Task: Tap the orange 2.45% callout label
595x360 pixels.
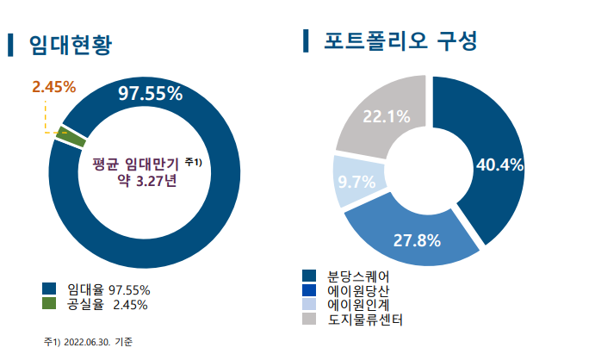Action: [54, 86]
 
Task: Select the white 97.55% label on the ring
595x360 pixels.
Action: [151, 93]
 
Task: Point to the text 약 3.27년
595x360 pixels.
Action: [146, 182]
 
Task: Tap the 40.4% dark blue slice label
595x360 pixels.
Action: [500, 165]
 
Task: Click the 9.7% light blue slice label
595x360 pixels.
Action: [356, 182]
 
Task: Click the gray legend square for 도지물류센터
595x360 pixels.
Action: [310, 320]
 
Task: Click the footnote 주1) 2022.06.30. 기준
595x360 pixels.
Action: [95, 342]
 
